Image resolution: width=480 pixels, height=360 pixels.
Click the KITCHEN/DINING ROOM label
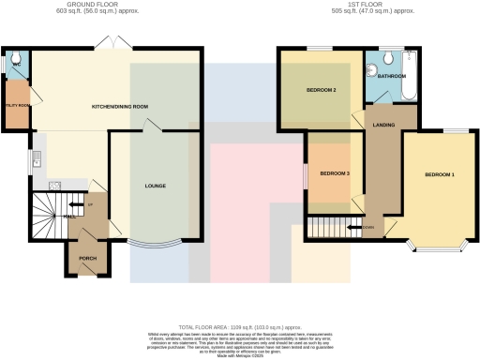pyautogui.click(x=119, y=107)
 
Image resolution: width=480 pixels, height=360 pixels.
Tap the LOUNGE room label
pyautogui.click(x=156, y=186)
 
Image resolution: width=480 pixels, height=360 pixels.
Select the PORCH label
pyautogui.click(x=87, y=258)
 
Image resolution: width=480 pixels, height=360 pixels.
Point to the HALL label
pyautogui.click(x=71, y=216)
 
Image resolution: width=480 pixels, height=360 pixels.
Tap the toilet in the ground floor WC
pyautogui.click(x=11, y=64)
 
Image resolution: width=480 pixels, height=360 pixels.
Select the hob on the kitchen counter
pyautogui.click(x=54, y=184)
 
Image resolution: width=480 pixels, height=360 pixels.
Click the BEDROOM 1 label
pyautogui.click(x=439, y=175)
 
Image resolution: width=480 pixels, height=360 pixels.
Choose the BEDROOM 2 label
pyautogui.click(x=321, y=90)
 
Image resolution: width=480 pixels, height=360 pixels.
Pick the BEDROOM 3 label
pyautogui.click(x=334, y=173)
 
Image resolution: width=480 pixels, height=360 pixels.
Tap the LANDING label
pyautogui.click(x=382, y=124)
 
